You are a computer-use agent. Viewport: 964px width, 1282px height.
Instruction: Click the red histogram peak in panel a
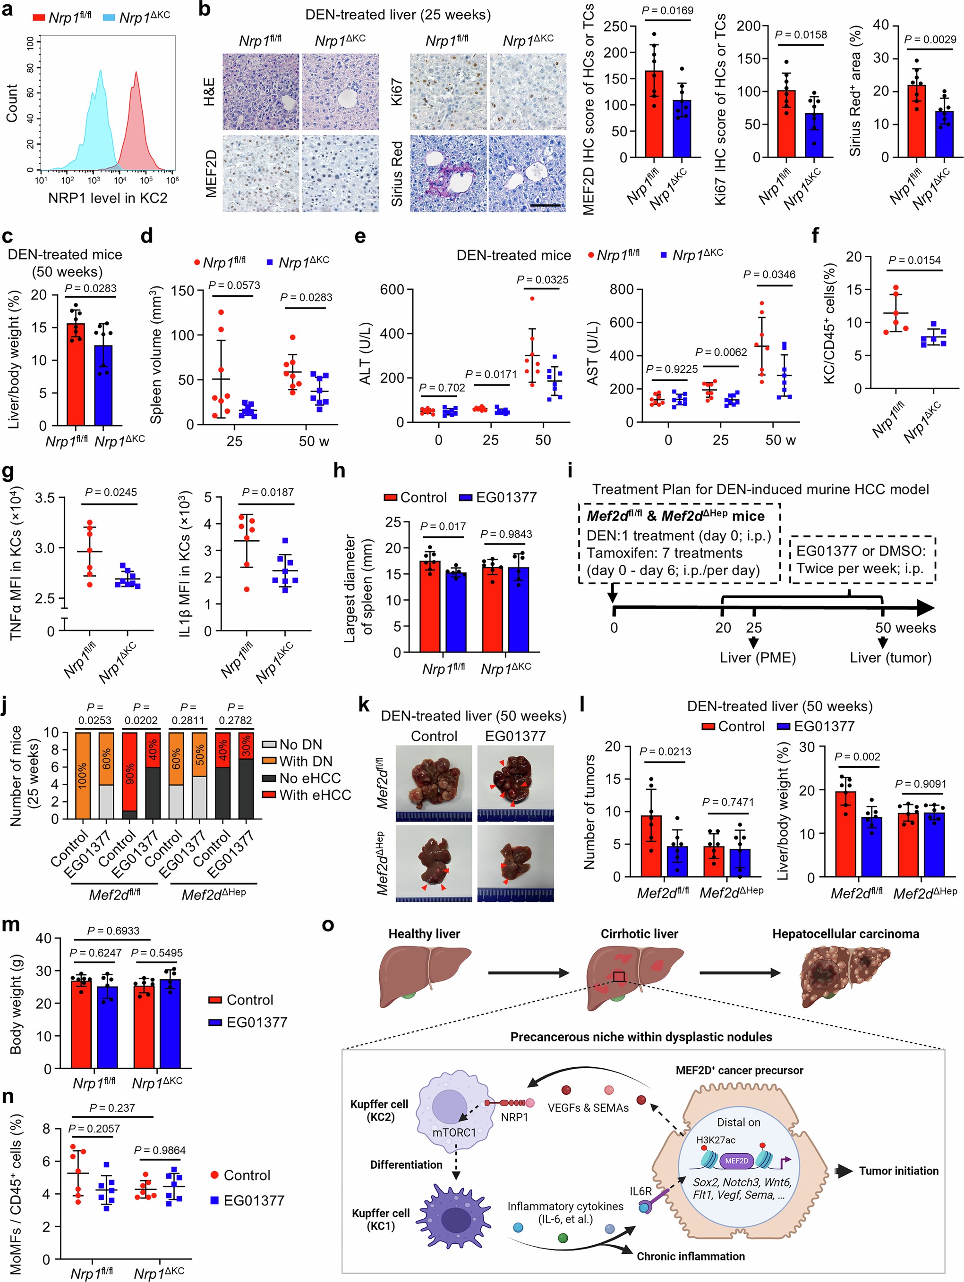point(136,75)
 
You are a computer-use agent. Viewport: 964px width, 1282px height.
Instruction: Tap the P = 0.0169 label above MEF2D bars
point(667,10)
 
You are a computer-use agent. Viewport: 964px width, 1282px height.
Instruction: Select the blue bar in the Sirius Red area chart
point(944,134)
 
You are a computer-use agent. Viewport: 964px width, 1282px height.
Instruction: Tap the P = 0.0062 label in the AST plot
point(721,352)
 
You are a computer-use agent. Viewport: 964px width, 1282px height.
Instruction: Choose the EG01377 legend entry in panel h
point(498,497)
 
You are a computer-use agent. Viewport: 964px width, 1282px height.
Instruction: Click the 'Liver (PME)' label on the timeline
point(758,658)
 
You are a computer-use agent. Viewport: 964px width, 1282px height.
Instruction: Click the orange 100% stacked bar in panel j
point(83,775)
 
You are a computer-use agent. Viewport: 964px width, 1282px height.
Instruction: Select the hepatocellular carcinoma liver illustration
point(845,978)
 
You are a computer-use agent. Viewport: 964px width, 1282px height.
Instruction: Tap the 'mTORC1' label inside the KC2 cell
point(454,1132)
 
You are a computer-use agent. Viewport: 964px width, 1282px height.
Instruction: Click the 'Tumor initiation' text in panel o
point(898,1171)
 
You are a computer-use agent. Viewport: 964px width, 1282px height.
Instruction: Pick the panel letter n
point(8,1097)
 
